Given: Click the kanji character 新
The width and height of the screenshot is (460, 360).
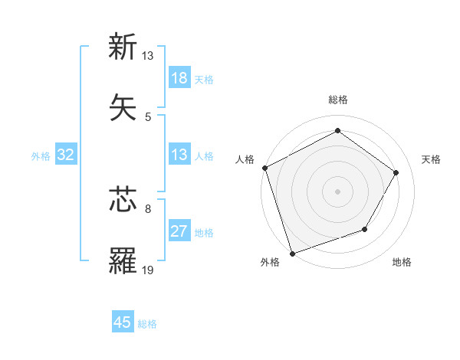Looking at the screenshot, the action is tap(123, 47).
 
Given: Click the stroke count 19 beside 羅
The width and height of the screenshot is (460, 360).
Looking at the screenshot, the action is tap(147, 270).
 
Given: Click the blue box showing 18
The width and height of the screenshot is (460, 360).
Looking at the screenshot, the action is tap(179, 78).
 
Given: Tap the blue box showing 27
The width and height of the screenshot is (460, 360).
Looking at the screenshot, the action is tap(179, 231).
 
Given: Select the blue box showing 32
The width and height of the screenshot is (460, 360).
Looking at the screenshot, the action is tap(66, 155).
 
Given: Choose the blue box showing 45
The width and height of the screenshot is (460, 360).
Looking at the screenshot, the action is tap(123, 322).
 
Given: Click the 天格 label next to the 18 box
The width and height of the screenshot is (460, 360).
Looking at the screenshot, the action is tap(204, 80).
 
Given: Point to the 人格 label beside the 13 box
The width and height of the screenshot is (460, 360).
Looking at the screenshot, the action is tap(204, 156).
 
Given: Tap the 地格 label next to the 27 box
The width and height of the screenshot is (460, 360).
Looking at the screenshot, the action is tap(204, 233).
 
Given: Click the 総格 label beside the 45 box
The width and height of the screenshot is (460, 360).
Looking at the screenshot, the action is tap(147, 324).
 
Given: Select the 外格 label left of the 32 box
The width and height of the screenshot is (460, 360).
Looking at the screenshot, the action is tap(41, 156).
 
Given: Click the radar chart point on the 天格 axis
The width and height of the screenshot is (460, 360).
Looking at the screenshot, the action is tap(396, 172).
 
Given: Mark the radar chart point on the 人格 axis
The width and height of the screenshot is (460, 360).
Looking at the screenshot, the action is tap(264, 168).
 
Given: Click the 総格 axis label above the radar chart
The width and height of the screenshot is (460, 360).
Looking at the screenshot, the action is tap(338, 100).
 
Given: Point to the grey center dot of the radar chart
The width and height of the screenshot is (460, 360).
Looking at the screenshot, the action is tap(337, 191).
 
